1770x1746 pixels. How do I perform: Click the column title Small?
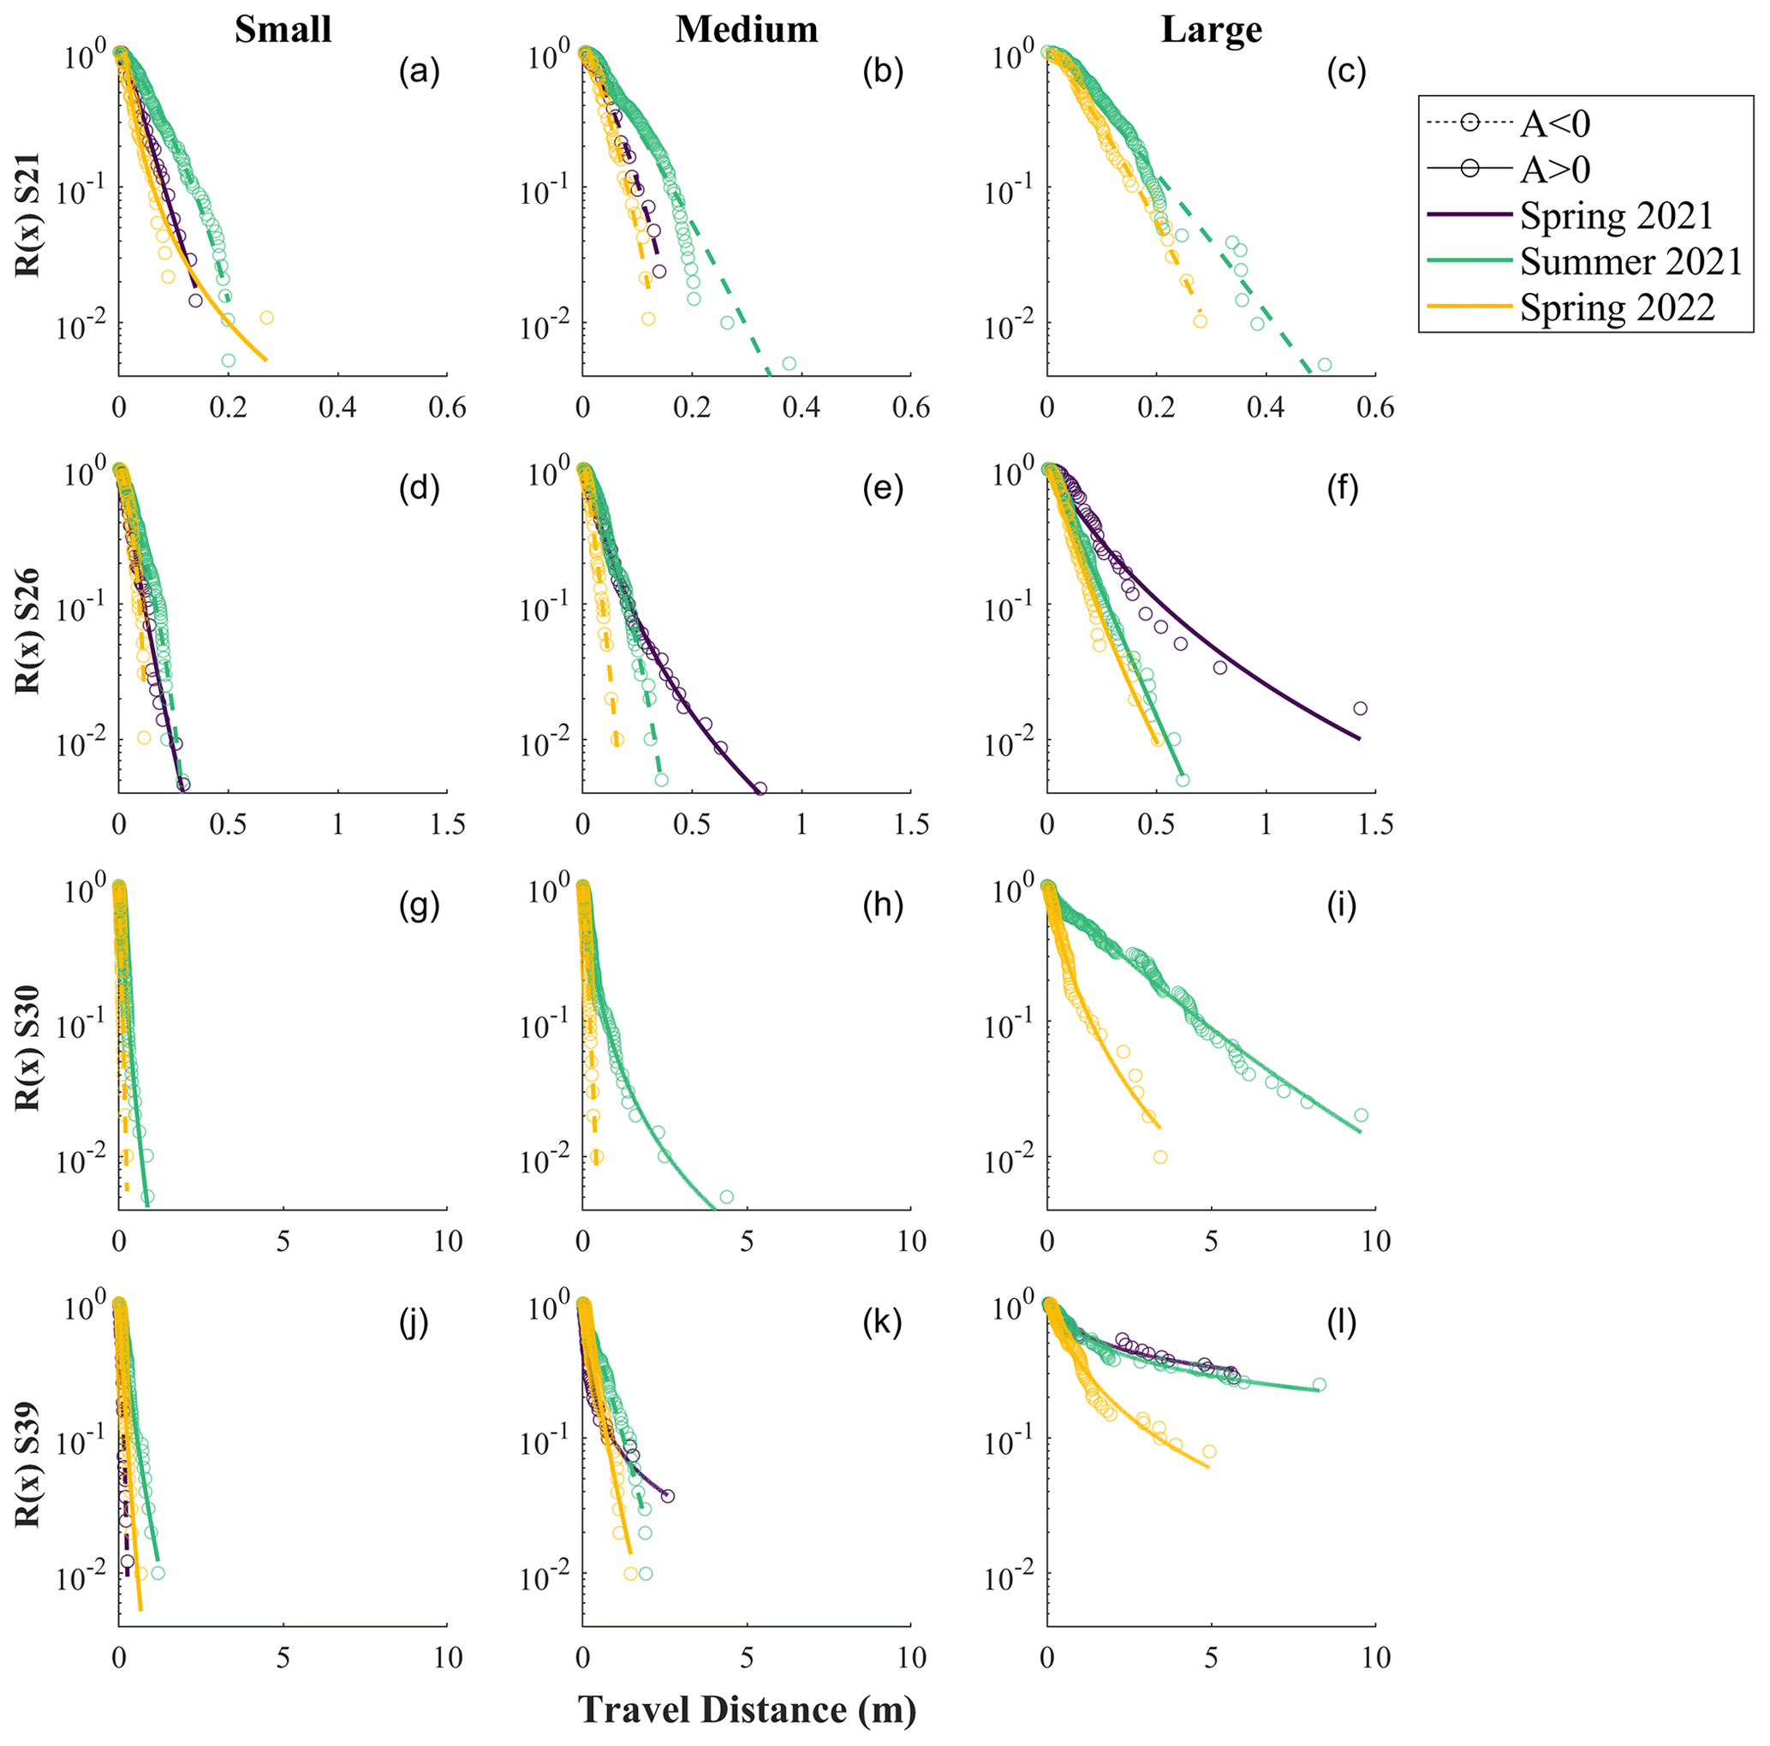(x=283, y=30)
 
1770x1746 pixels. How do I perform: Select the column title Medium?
(x=747, y=30)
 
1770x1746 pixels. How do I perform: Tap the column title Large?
(x=1211, y=30)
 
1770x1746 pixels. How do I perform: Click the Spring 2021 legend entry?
(x=1616, y=216)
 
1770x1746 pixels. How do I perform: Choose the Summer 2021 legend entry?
(x=1630, y=262)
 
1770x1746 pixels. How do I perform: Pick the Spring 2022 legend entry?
(x=1617, y=307)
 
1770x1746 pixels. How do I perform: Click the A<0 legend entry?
(x=1555, y=123)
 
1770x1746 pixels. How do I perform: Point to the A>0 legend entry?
(x=1555, y=170)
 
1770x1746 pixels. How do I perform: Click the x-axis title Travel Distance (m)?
(x=747, y=1711)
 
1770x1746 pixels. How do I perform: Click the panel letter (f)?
(x=1342, y=489)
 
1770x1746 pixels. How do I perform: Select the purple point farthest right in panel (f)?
(x=1360, y=708)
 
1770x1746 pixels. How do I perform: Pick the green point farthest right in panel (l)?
(x=1320, y=1384)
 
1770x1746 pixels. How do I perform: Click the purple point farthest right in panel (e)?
(x=760, y=789)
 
